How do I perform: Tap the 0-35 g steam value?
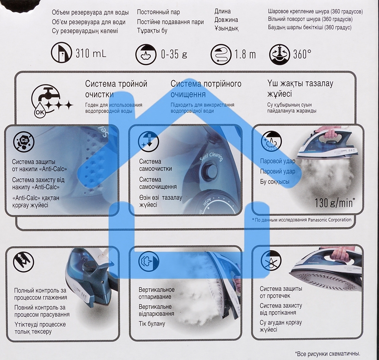(174, 54)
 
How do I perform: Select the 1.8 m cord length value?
(245, 55)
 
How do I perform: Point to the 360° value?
(302, 54)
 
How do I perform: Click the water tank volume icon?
(61, 53)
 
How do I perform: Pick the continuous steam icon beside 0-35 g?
(146, 55)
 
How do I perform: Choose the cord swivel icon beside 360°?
(279, 55)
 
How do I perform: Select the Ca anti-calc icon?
(23, 140)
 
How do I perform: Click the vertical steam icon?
(149, 262)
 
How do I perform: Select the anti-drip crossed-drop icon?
(271, 261)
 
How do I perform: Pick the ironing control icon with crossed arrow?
(23, 262)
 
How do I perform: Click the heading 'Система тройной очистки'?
(116, 89)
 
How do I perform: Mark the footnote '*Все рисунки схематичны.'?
(327, 354)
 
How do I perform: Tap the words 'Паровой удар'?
(277, 161)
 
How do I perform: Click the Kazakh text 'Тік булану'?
(152, 324)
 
